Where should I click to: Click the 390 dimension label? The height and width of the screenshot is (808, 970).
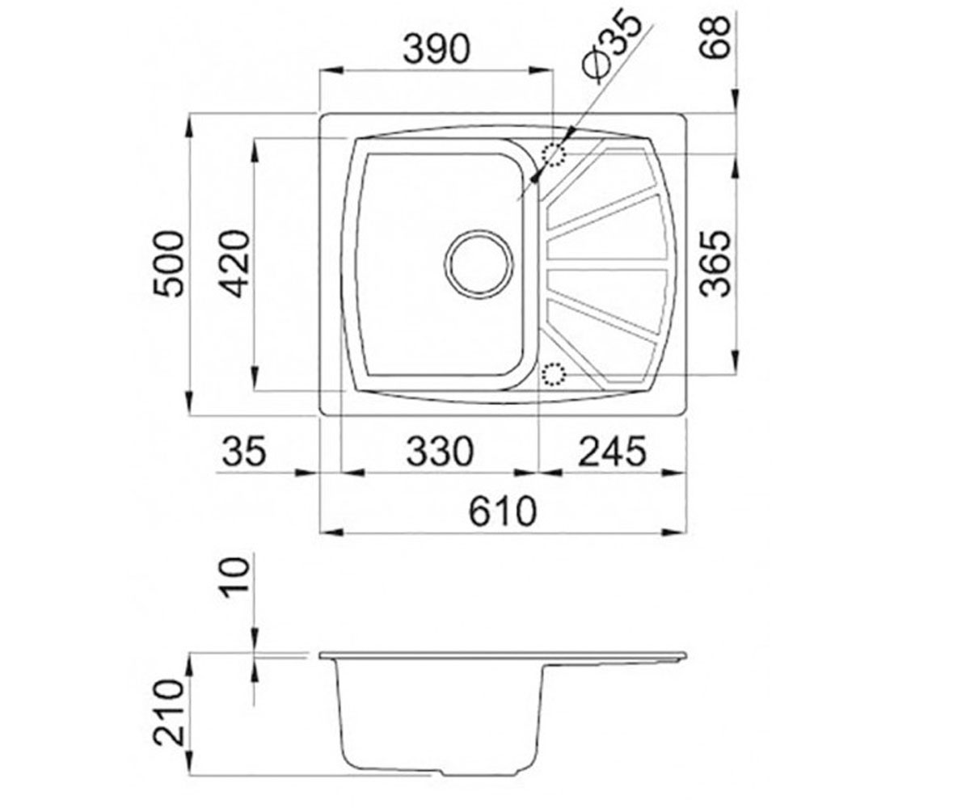(x=436, y=49)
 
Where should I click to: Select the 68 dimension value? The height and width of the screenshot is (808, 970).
(x=715, y=37)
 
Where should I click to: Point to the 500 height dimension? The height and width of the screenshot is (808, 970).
(x=169, y=263)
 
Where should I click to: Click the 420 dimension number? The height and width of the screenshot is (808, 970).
(x=235, y=263)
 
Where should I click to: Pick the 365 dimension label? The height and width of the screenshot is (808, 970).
(x=715, y=263)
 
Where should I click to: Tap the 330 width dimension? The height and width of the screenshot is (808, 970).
(x=440, y=451)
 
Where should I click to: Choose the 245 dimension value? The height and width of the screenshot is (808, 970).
(x=612, y=451)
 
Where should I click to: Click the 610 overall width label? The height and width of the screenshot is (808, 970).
(x=503, y=511)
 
